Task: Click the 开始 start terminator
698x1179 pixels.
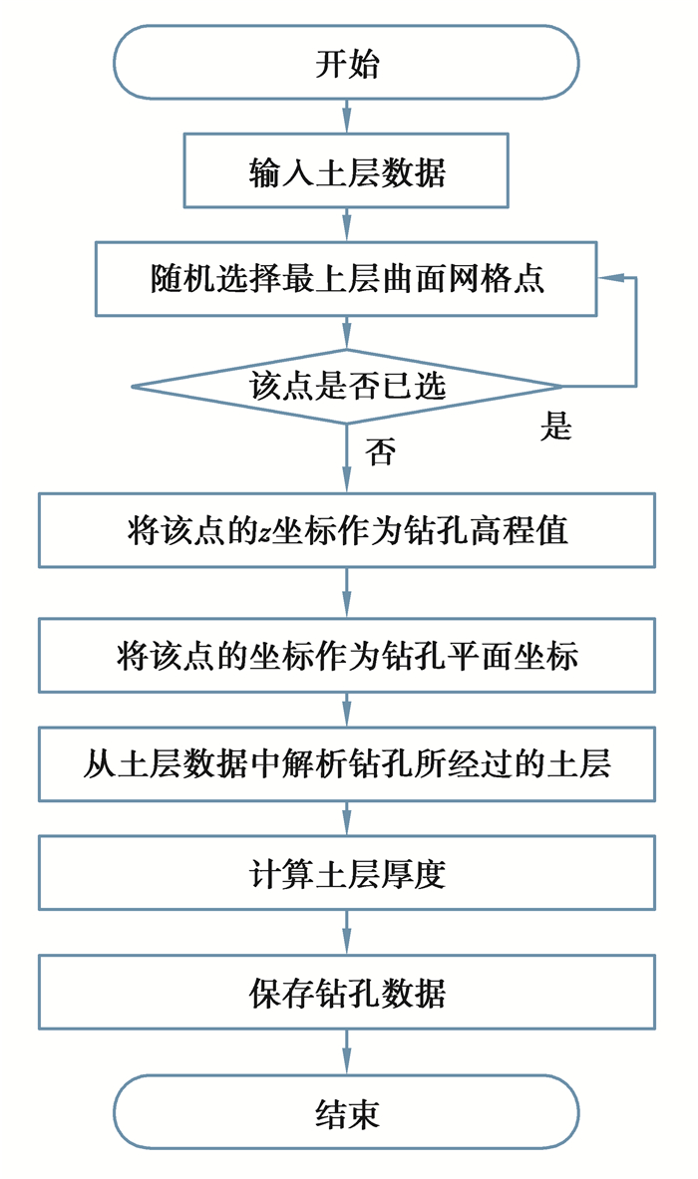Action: (346, 63)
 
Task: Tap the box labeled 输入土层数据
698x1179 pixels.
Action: (346, 171)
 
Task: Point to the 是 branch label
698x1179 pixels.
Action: (555, 427)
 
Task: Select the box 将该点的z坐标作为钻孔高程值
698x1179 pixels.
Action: (346, 530)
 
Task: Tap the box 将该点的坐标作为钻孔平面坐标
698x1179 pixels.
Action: (346, 656)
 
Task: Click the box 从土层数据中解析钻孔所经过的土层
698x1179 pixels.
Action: (346, 764)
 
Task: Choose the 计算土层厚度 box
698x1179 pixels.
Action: (346, 873)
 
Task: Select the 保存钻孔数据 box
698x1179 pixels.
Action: (346, 993)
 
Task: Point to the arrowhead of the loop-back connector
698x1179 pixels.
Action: (606, 279)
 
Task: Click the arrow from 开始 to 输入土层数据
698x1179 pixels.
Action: (346, 116)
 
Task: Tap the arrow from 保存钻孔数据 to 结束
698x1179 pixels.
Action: (346, 1051)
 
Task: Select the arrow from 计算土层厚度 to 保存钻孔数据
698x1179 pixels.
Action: (346, 933)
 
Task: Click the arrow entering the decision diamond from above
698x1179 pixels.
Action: (346, 333)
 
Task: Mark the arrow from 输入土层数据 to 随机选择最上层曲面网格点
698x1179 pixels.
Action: (346, 224)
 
